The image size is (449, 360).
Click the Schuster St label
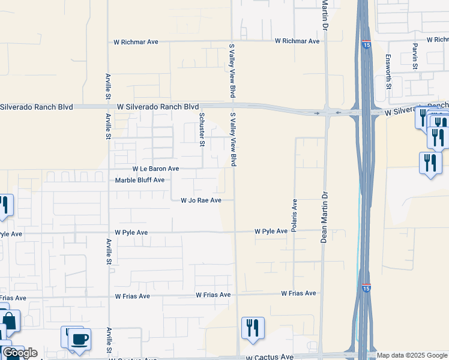pyautogui.click(x=202, y=130)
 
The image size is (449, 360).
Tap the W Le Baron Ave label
pyautogui.click(x=155, y=169)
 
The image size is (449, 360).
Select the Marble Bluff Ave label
pyautogui.click(x=139, y=180)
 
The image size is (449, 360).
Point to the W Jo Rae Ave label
pyautogui.click(x=201, y=200)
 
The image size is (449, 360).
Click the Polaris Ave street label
pyautogui.click(x=295, y=215)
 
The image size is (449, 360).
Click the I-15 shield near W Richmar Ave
pyautogui.click(x=366, y=44)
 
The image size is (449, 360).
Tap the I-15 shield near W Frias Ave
pyautogui.click(x=366, y=288)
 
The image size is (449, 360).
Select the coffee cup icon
pyautogui.click(x=79, y=339)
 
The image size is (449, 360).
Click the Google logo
pyautogui.click(x=20, y=353)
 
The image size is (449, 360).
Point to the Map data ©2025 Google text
pyautogui.click(x=412, y=356)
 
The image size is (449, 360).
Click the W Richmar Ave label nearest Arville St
pyautogui.click(x=136, y=43)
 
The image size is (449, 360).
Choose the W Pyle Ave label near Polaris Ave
pyautogui.click(x=271, y=231)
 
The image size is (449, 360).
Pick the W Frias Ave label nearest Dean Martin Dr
pyautogui.click(x=298, y=293)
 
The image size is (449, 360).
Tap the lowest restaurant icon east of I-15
pyautogui.click(x=430, y=163)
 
